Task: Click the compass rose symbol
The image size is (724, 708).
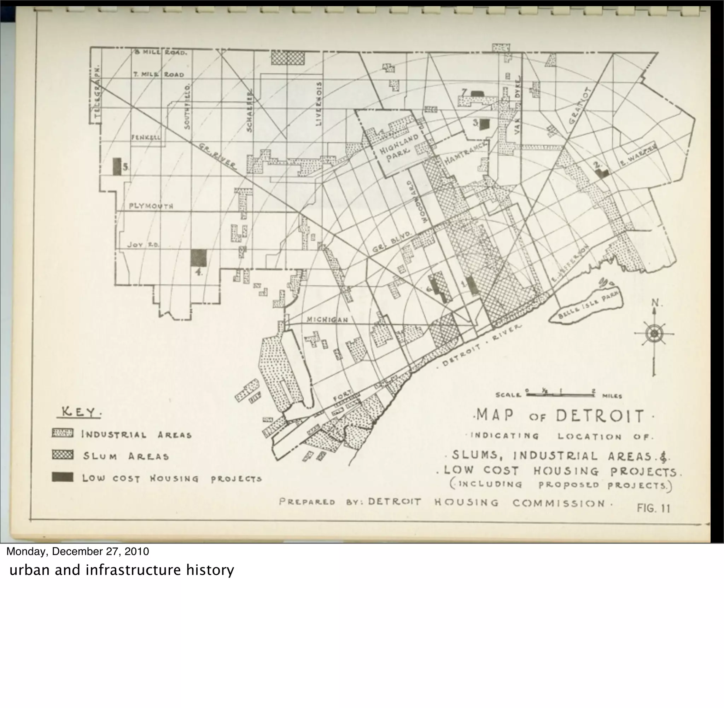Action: coord(653,333)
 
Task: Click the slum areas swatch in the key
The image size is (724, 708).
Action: coord(63,455)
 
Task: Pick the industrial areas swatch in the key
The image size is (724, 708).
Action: coord(63,433)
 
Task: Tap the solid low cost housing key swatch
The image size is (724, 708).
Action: coord(63,477)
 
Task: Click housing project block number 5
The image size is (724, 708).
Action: coord(117,167)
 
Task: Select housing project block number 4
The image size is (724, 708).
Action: coord(198,258)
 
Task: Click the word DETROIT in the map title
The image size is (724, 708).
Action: coord(600,416)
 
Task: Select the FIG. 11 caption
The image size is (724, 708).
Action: coord(653,508)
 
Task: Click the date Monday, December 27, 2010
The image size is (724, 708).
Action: coord(78,551)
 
